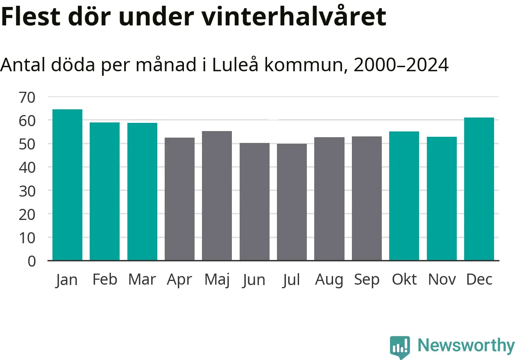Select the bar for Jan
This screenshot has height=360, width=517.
click(x=67, y=185)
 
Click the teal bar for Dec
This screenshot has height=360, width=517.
click(x=479, y=189)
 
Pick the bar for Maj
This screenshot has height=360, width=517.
click(x=217, y=196)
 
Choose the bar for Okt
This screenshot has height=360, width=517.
click(x=404, y=196)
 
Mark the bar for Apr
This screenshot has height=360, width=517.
click(x=179, y=199)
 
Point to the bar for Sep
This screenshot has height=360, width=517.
click(x=367, y=198)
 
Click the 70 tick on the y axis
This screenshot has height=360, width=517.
click(x=27, y=97)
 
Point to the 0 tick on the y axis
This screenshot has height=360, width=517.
click(x=32, y=261)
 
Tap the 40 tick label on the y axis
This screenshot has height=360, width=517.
click(x=27, y=167)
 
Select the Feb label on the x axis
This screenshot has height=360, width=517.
click(x=104, y=280)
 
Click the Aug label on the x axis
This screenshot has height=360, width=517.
click(x=329, y=280)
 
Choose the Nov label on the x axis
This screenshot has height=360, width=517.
click(x=442, y=280)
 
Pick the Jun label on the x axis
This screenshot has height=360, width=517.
click(x=254, y=280)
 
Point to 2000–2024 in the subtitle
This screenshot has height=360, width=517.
click(x=401, y=65)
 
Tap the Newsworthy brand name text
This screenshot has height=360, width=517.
click(x=466, y=346)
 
